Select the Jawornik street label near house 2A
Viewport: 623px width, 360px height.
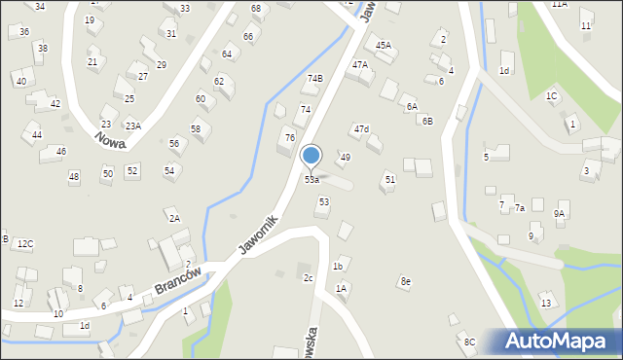[257, 235]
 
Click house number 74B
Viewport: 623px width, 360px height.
[314, 78]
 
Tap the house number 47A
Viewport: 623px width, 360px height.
[360, 64]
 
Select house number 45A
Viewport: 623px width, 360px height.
[384, 45]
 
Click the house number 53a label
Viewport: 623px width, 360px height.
[311, 180]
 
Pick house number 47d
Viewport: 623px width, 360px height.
[361, 128]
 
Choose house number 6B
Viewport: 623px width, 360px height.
[426, 121]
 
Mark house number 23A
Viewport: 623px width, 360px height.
[132, 126]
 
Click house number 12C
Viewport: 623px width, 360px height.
[25, 243]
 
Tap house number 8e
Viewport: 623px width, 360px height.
[405, 281]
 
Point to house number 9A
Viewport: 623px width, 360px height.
[559, 213]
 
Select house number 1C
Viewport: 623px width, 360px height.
[551, 95]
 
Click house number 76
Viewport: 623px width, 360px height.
[289, 137]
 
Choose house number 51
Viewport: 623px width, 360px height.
[389, 179]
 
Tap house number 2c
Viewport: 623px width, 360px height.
[308, 278]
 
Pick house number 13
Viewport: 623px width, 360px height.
[546, 304]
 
